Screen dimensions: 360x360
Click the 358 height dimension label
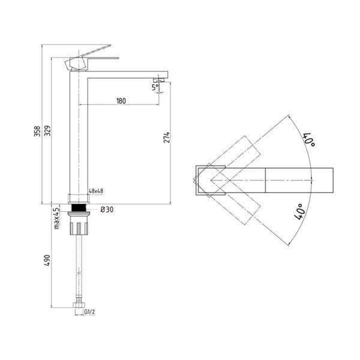37,131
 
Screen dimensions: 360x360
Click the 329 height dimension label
47,131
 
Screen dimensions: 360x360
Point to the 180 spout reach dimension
121,101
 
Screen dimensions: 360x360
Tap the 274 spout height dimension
167,137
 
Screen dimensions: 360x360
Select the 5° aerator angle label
155,87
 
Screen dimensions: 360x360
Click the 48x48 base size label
96,191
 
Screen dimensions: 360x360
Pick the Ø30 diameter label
107,209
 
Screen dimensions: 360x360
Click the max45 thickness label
56,218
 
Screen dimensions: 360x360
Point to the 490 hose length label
47,260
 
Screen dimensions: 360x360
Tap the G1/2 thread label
89,312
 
